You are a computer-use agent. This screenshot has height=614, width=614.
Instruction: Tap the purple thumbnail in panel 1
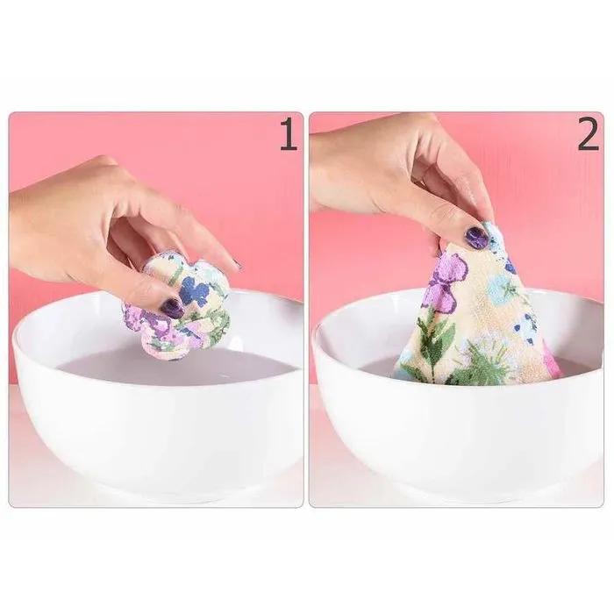tap(172, 308)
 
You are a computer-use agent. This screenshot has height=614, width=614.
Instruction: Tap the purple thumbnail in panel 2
tap(476, 238)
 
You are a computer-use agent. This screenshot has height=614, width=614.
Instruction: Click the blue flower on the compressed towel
tap(195, 290)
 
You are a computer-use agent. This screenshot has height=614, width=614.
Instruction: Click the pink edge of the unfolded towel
tap(552, 360)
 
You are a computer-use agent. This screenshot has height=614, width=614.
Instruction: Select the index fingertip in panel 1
tap(229, 261)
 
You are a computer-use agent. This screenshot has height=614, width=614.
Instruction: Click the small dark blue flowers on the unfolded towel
tap(527, 328)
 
